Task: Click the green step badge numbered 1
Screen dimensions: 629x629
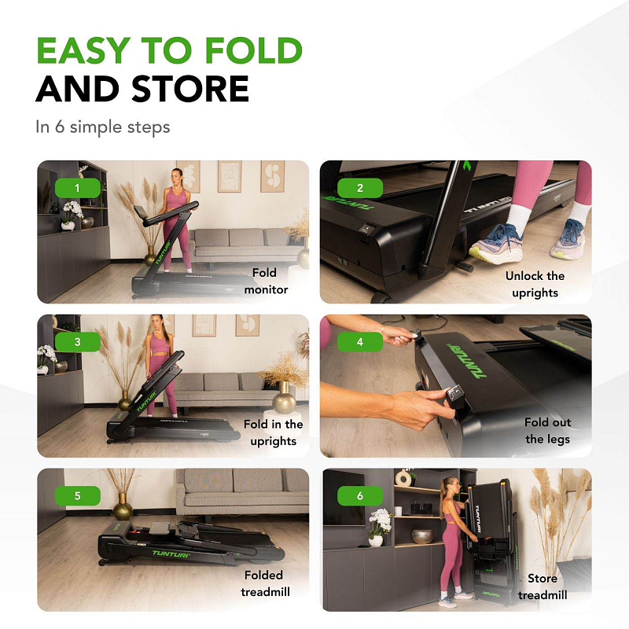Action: (77, 188)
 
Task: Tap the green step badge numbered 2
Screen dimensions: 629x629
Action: (360, 188)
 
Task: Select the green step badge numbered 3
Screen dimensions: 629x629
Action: (77, 342)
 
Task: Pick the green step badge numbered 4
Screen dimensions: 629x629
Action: (360, 342)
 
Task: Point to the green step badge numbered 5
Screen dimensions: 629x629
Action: (77, 496)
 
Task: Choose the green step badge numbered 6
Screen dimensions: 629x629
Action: (360, 496)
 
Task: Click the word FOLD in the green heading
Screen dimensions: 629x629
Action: (253, 50)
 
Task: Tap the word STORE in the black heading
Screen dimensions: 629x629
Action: (190, 89)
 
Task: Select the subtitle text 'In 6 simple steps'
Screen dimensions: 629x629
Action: (103, 127)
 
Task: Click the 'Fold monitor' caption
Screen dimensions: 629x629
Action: (266, 281)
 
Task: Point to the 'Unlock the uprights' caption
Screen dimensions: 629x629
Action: (535, 284)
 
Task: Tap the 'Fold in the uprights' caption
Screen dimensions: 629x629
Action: (273, 432)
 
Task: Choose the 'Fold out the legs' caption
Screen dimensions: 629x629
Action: (547, 430)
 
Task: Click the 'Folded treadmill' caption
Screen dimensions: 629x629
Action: (265, 583)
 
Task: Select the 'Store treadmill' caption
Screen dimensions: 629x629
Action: (543, 587)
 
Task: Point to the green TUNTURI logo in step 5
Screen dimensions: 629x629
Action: (171, 554)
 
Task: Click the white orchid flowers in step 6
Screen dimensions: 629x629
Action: (379, 520)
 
